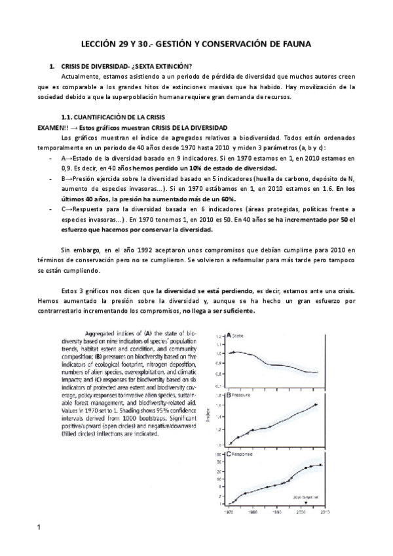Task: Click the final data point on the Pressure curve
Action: click(x=316, y=404)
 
